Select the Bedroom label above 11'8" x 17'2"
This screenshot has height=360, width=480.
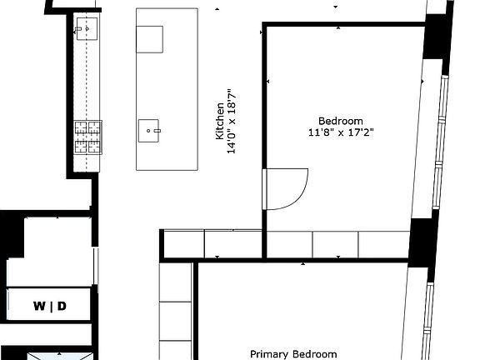(x=341, y=120)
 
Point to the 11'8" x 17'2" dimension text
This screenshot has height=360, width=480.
(x=341, y=132)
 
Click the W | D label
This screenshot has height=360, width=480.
(x=50, y=307)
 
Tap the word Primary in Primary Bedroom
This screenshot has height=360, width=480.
(x=267, y=353)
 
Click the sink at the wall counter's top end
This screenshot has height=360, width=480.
(x=86, y=31)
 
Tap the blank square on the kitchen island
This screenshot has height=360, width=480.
(x=150, y=38)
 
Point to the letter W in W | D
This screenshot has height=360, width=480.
(x=39, y=307)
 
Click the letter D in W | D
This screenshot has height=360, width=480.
(x=61, y=307)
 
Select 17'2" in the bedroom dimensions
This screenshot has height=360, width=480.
(x=362, y=132)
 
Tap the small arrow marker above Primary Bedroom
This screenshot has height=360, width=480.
(x=302, y=262)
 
